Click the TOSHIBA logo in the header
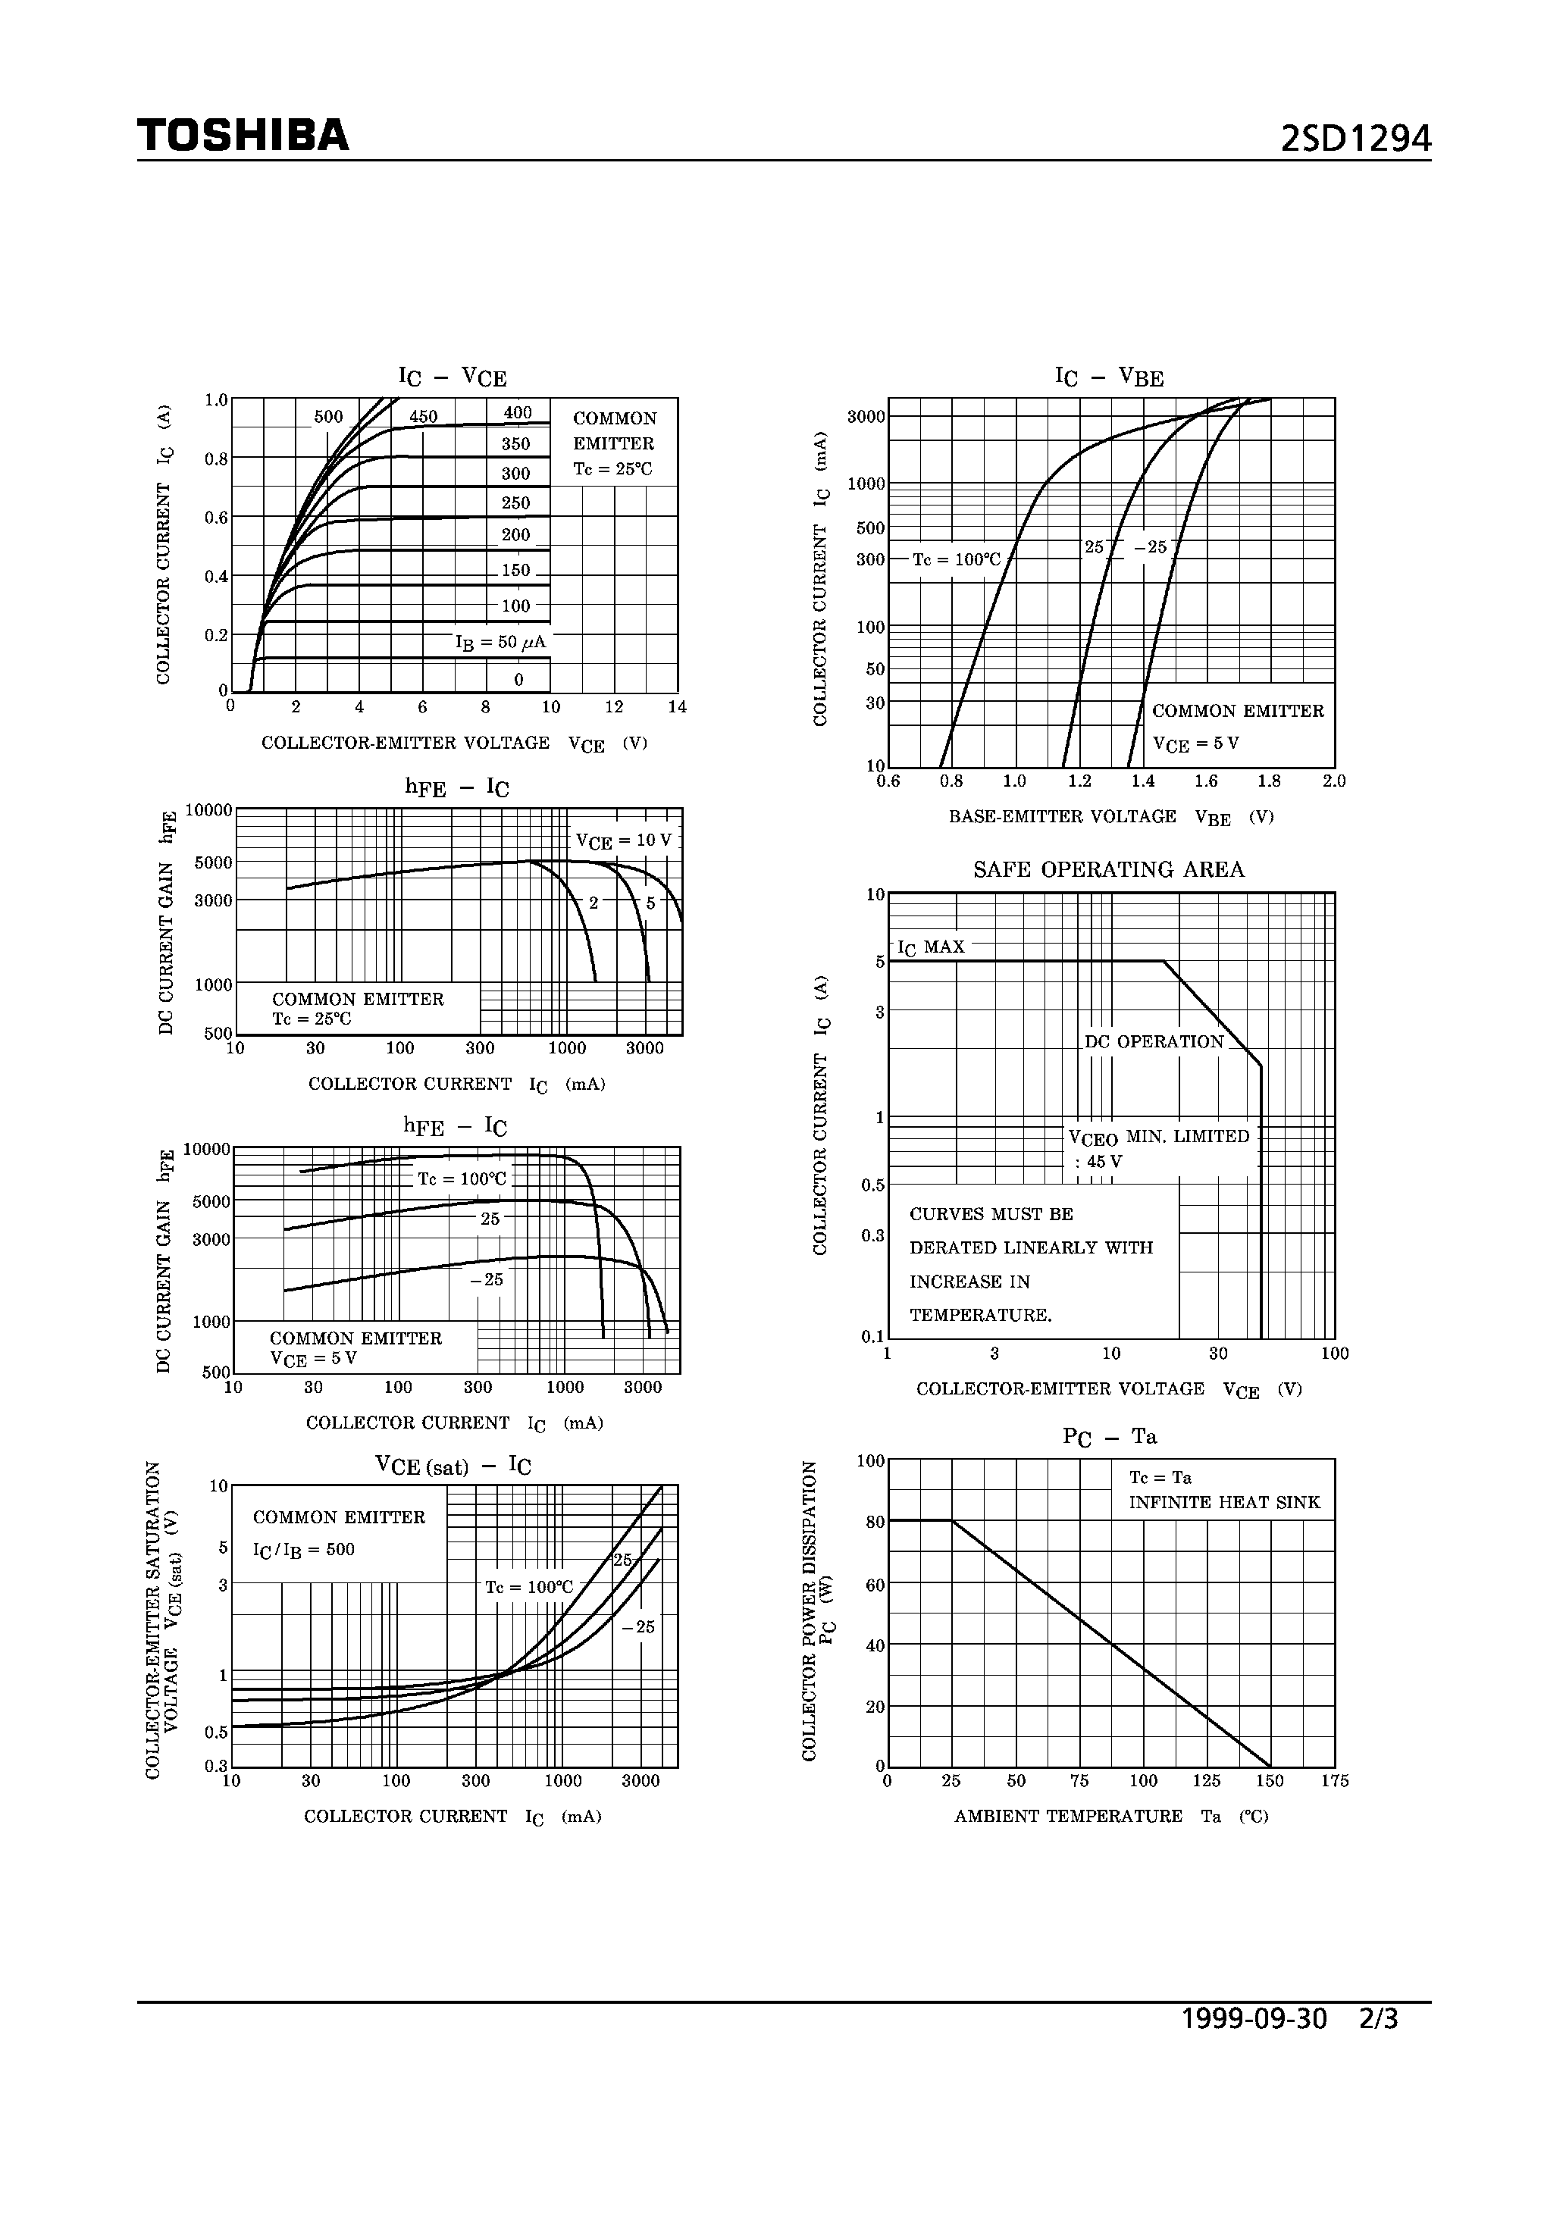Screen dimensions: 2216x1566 tap(243, 136)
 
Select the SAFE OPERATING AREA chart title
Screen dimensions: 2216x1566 tap(1108, 869)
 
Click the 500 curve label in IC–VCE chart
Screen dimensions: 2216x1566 tap(328, 417)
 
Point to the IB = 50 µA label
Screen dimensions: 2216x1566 tap(500, 642)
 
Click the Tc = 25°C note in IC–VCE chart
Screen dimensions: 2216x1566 tap(612, 469)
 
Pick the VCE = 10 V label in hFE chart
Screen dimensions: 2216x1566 tap(623, 840)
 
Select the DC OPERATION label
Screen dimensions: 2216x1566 tap(1154, 1041)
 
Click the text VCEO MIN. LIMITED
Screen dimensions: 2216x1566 tap(1158, 1137)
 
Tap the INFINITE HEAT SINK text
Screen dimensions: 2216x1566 tap(1224, 1503)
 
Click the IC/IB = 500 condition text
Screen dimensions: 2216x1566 tap(303, 1549)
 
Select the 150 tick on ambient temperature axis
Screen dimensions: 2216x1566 tap(1270, 1781)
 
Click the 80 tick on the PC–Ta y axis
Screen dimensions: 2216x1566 tap(875, 1522)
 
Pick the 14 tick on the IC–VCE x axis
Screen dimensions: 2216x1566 tap(677, 706)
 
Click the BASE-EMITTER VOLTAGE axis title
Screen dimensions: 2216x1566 tap(1062, 816)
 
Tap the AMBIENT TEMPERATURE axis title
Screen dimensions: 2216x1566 tap(1068, 1817)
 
